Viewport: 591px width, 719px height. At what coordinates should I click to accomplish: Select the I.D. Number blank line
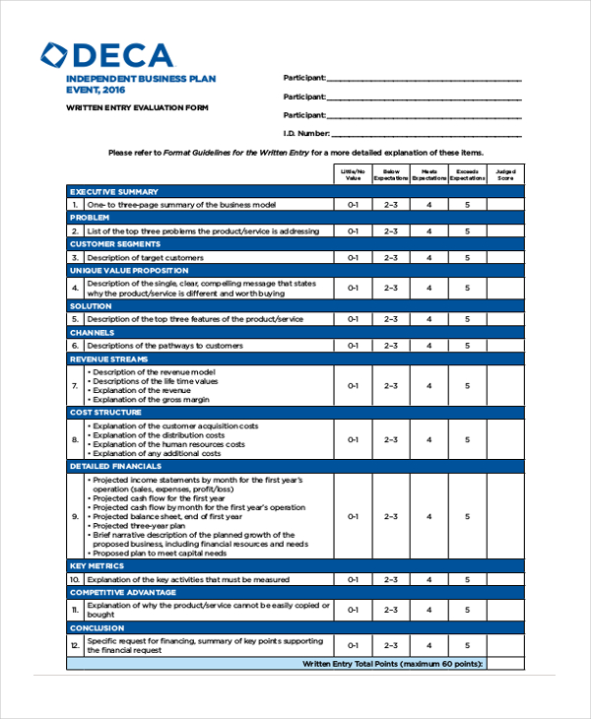pyautogui.click(x=426, y=134)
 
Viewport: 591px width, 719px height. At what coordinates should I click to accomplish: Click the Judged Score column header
pyautogui.click(x=505, y=174)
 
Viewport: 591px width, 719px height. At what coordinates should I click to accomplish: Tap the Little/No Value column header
pyautogui.click(x=354, y=174)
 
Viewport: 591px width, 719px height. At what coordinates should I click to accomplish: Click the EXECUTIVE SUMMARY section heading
pyautogui.click(x=114, y=191)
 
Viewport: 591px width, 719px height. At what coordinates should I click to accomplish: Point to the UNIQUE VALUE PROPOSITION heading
pyautogui.click(x=129, y=270)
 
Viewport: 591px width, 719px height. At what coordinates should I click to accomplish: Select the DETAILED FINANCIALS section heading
pyautogui.click(x=116, y=465)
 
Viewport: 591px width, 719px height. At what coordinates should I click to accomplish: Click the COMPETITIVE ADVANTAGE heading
pyautogui.click(x=123, y=593)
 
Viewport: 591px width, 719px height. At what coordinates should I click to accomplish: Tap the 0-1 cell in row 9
pyautogui.click(x=354, y=516)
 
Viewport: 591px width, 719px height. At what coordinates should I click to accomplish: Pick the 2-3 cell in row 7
pyautogui.click(x=391, y=386)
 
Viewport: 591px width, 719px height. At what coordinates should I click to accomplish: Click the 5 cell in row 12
pyautogui.click(x=468, y=645)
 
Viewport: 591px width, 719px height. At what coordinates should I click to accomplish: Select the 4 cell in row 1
pyautogui.click(x=428, y=205)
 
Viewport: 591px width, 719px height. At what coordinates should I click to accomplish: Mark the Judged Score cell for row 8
pyautogui.click(x=505, y=439)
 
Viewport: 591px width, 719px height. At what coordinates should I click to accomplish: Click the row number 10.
pyautogui.click(x=75, y=580)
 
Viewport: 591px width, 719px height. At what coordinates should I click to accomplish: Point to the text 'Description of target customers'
pyautogui.click(x=145, y=257)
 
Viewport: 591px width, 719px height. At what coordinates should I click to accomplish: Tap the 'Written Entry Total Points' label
pyautogui.click(x=392, y=665)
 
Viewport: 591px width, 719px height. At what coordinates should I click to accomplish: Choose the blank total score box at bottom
pyautogui.click(x=505, y=665)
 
